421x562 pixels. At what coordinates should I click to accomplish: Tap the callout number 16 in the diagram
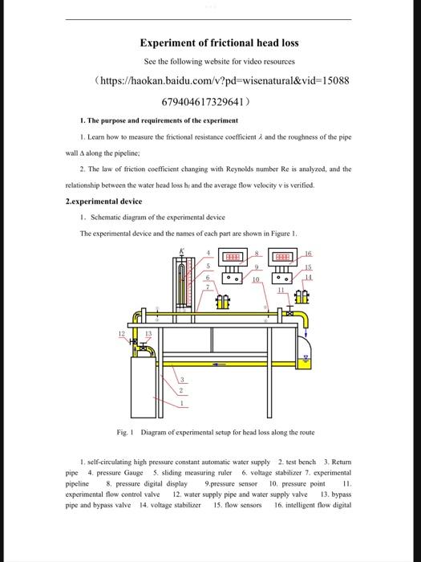[308, 254]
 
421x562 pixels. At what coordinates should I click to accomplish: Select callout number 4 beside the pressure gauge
[208, 253]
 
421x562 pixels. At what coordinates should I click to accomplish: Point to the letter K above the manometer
[182, 250]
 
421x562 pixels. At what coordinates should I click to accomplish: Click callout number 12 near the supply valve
[122, 334]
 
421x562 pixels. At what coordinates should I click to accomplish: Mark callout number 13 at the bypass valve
[148, 334]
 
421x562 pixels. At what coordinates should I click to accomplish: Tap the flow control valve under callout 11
[289, 312]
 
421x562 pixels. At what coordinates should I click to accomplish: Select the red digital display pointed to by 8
[233, 257]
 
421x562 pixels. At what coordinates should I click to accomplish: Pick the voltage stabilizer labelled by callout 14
[302, 296]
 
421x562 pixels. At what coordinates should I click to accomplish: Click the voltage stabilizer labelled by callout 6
[223, 302]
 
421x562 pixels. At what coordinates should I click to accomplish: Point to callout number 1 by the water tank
[182, 404]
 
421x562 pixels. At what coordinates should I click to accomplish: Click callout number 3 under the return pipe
[182, 380]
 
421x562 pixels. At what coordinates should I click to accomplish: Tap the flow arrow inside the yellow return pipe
[217, 364]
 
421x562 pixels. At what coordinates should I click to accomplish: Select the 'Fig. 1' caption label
[125, 432]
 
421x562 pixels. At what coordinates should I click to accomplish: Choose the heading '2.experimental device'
[103, 202]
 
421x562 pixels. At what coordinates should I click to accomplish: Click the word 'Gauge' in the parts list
[133, 473]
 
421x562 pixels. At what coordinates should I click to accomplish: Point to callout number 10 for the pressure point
[256, 279]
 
